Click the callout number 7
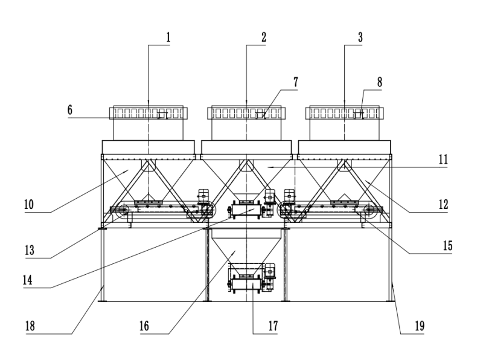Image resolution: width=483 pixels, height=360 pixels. [x=295, y=82]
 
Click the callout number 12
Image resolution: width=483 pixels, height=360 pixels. [x=443, y=204]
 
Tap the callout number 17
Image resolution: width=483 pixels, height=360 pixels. [x=272, y=326]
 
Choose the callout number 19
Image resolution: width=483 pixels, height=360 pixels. [x=419, y=326]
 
